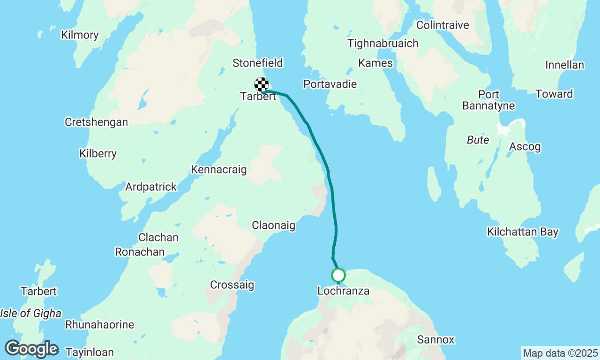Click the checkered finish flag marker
pyautogui.click(x=262, y=84)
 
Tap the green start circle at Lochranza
pyautogui.click(x=338, y=275)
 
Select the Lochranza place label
pyautogui.click(x=343, y=291)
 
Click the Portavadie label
pyautogui.click(x=330, y=84)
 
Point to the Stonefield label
pyautogui.click(x=258, y=63)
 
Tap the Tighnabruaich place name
pyautogui.click(x=383, y=44)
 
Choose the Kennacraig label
pyautogui.click(x=219, y=170)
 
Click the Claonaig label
pyautogui.click(x=274, y=225)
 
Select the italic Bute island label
pyautogui.click(x=478, y=140)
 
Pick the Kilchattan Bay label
pyautogui.click(x=523, y=232)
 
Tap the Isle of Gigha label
pyautogui.click(x=30, y=314)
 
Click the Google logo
pyautogui.click(x=31, y=349)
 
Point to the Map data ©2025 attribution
pyautogui.click(x=560, y=353)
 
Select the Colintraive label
pyautogui.click(x=442, y=25)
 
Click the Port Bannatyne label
pyautogui.click(x=488, y=100)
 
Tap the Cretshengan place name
pyautogui.click(x=96, y=122)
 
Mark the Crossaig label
pyautogui.click(x=232, y=285)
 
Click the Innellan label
pyautogui.click(x=565, y=65)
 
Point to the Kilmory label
pyautogui.click(x=80, y=35)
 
